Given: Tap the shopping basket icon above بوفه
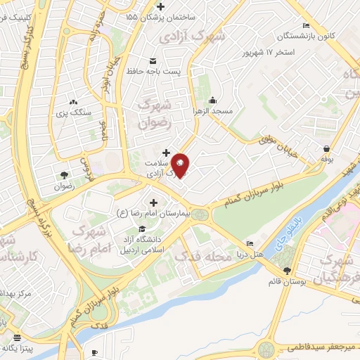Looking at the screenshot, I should (328, 148).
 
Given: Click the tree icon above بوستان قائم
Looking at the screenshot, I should (287, 271).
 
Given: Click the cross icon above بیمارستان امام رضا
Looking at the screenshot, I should (153, 202).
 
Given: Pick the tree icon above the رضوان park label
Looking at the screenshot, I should (65, 174).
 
